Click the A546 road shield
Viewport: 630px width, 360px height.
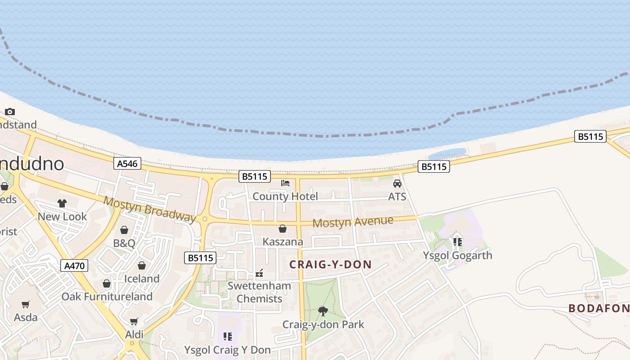click(127, 163)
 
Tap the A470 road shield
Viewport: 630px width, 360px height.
click(74, 265)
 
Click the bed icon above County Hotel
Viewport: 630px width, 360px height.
click(285, 183)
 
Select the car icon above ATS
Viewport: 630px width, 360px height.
click(397, 184)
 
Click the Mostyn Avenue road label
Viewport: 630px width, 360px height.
click(353, 222)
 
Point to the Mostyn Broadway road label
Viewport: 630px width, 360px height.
click(150, 209)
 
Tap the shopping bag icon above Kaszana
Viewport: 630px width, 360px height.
click(283, 229)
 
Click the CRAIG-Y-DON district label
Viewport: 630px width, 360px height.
click(330, 265)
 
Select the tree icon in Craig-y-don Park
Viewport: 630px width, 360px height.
click(323, 310)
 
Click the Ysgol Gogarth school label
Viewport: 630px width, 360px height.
click(457, 256)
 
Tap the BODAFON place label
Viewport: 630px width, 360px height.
click(598, 308)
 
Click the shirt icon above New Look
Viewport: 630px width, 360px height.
click(62, 203)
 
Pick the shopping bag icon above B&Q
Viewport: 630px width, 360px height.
click(124, 230)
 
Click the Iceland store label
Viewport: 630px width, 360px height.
click(142, 279)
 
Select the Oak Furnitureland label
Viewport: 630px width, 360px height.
click(107, 297)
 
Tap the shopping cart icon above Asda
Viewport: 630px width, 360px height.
click(26, 305)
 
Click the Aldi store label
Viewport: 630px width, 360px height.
click(134, 334)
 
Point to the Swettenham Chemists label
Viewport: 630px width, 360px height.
click(259, 292)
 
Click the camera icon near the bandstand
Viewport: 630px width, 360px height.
click(10, 112)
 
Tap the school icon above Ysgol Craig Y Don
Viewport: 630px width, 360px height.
click(227, 336)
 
